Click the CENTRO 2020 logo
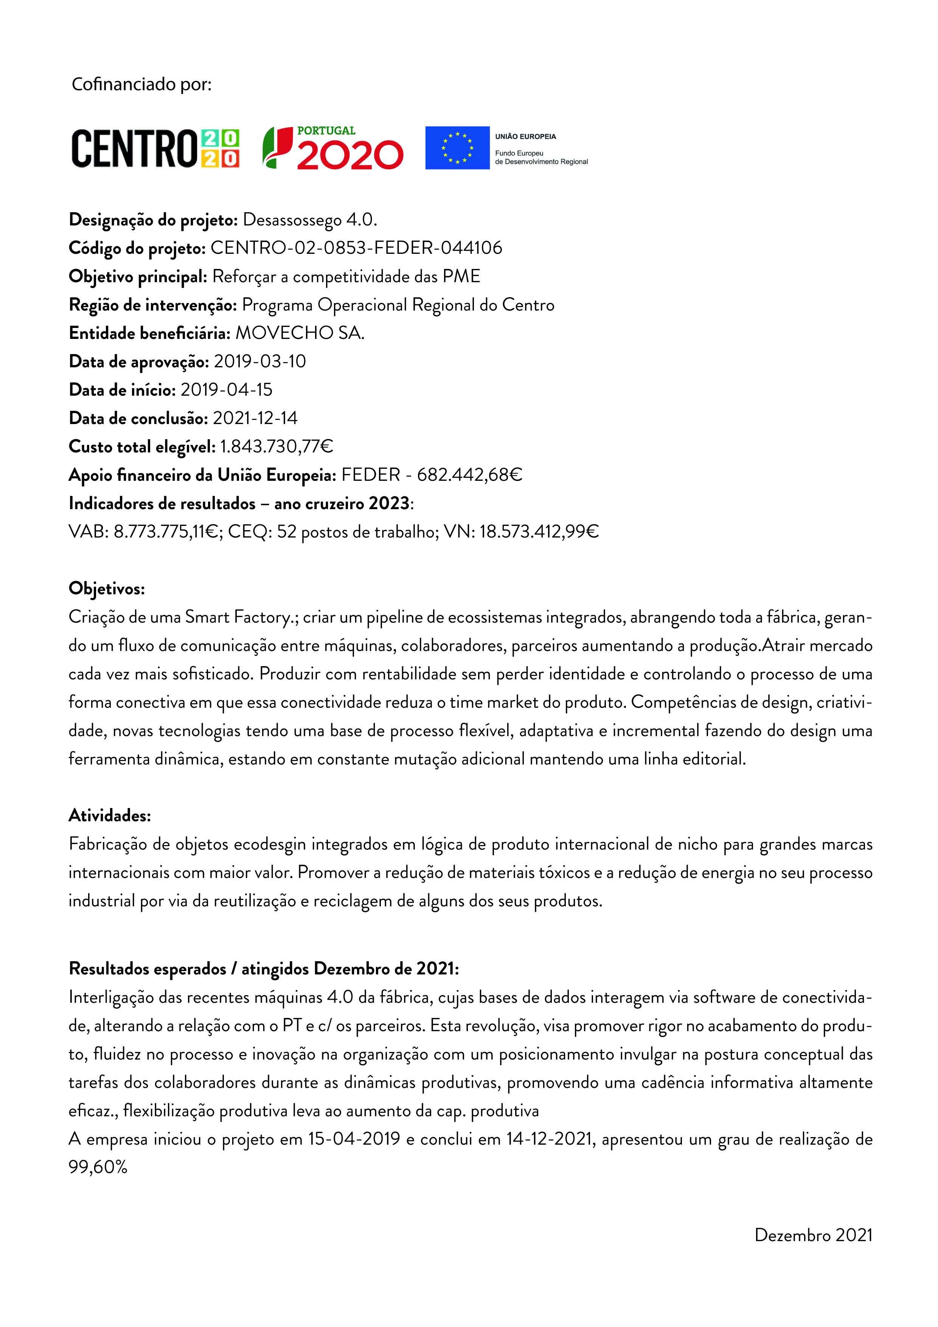coord(155,149)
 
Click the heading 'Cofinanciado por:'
coord(141,84)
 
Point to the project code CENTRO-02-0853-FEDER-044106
coord(356,248)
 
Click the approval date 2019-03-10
coord(259,362)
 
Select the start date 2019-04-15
coord(226,390)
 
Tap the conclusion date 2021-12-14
coord(255,418)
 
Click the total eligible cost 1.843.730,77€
coord(276,447)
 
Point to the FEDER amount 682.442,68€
coord(469,475)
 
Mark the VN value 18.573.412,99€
coord(539,532)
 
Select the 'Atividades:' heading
coord(110,816)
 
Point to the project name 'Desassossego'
coord(292,220)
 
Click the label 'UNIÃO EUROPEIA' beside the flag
coord(525,137)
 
